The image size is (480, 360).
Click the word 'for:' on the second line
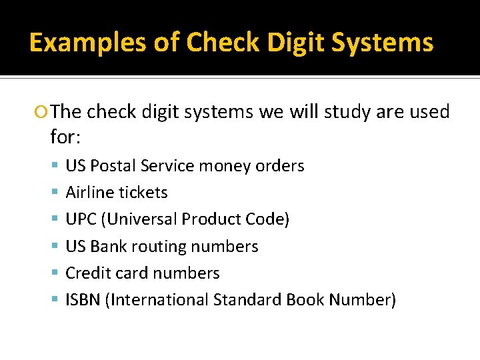[65, 137]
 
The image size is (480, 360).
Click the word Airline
[89, 192]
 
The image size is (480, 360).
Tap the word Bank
[109, 246]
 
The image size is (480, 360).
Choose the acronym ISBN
[84, 299]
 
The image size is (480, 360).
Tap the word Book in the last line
[304, 299]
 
